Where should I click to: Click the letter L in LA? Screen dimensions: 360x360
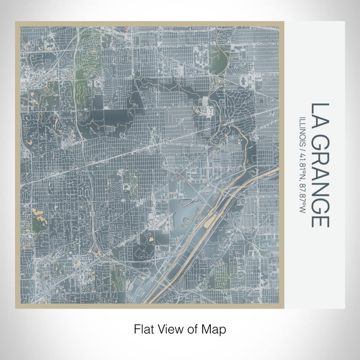pos(317,109)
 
